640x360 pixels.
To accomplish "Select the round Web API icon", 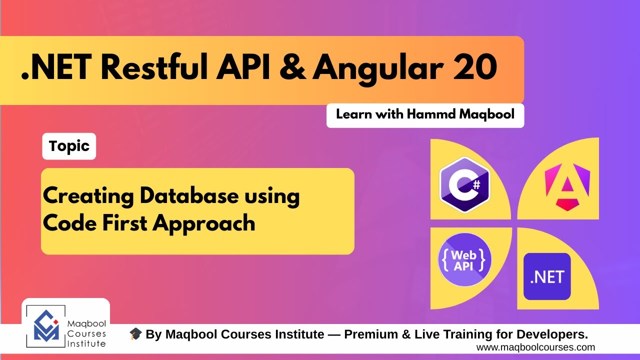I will tap(464, 260).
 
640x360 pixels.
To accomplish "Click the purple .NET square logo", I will tap(547, 276).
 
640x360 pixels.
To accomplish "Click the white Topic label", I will tap(69, 146).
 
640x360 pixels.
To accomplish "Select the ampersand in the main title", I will tap(292, 69).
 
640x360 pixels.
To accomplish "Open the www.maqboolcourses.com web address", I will tap(535, 347).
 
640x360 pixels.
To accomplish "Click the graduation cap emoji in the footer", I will tap(135, 334).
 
